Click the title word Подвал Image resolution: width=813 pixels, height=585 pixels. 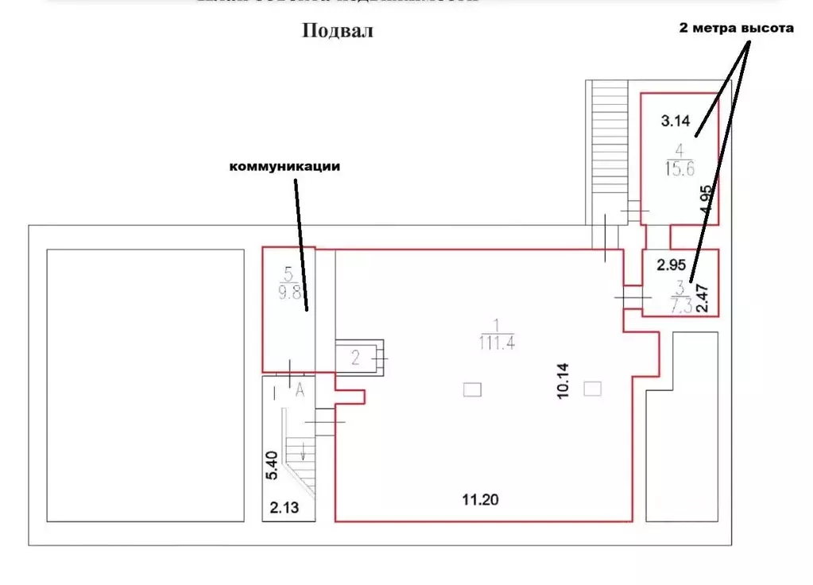(x=337, y=32)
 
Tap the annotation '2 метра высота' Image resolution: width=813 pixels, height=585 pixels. (x=736, y=28)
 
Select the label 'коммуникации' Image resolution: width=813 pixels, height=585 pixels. (x=285, y=167)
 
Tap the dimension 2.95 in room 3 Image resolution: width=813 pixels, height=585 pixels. (x=671, y=263)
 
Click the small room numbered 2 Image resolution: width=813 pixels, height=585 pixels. (x=355, y=358)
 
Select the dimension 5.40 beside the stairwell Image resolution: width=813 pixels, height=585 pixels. (x=272, y=466)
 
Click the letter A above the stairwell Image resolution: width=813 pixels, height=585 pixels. (x=300, y=389)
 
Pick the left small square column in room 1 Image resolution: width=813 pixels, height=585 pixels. (x=472, y=389)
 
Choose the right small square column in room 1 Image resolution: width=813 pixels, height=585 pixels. (x=592, y=388)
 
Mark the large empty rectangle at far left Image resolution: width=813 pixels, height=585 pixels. (x=145, y=385)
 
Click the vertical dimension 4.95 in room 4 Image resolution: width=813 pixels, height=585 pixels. (x=705, y=199)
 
